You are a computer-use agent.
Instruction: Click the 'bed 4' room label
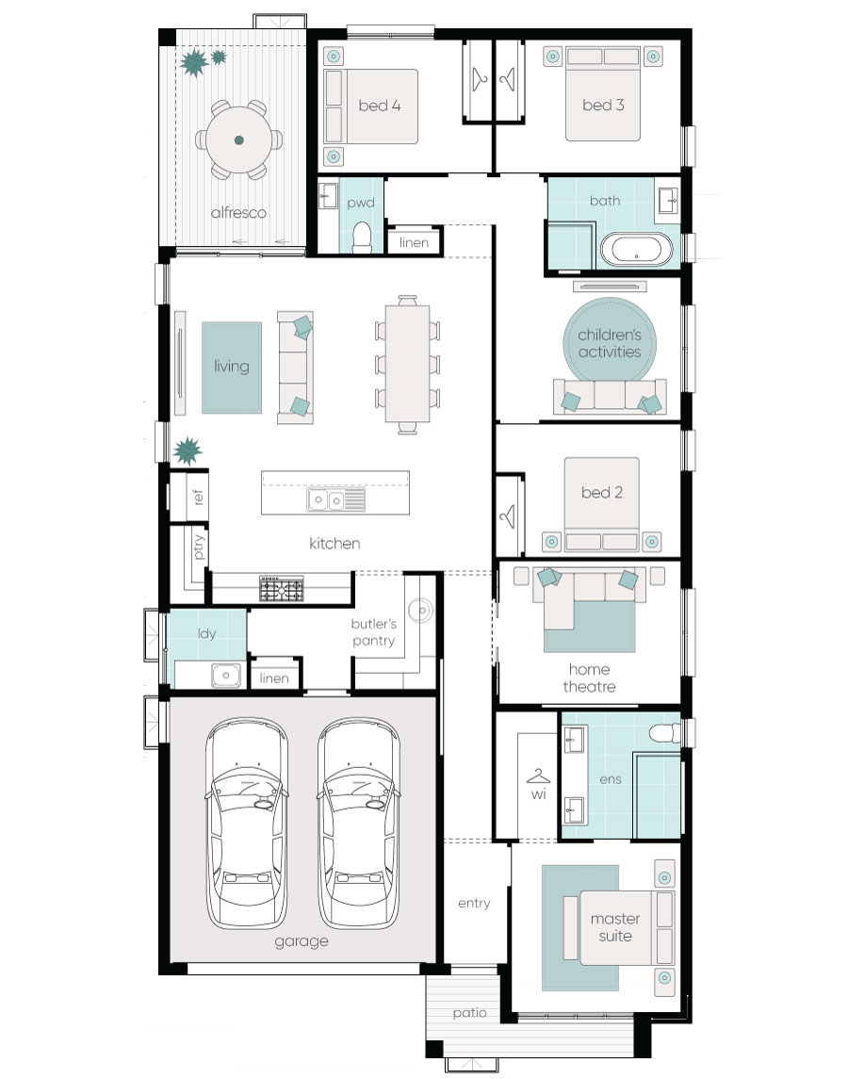pos(380,106)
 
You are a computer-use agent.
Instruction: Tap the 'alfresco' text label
pos(238,213)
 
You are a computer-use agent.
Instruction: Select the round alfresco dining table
pos(238,140)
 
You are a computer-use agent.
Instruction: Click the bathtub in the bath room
pos(637,249)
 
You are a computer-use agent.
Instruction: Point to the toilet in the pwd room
pos(362,237)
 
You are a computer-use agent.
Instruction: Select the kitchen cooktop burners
pos(281,588)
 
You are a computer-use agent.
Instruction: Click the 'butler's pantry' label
pos(374,631)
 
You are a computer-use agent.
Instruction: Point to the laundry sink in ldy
pos(226,675)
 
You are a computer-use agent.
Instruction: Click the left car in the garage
pos(247,823)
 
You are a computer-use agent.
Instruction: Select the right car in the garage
pos(359,823)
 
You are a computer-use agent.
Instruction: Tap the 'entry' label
pos(474,903)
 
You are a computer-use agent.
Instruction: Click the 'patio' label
pos(470,1013)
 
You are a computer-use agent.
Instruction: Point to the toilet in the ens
pos(665,733)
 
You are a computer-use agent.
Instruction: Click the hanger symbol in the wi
pos(538,777)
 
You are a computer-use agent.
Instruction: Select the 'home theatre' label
pos(589,678)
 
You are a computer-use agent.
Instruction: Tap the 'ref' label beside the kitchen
pos(198,496)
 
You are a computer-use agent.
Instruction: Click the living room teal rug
pos(231,368)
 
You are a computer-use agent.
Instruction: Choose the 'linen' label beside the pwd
pos(414,242)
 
